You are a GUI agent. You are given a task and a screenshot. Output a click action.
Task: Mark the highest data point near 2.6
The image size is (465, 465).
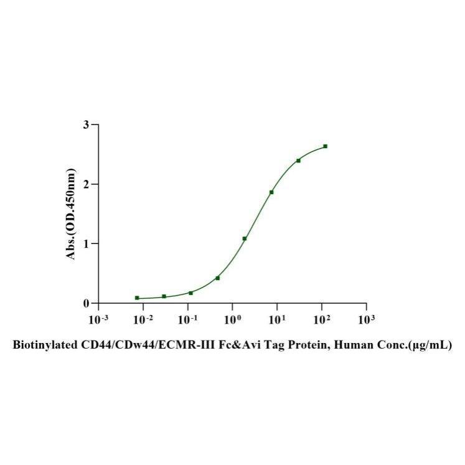click(325, 146)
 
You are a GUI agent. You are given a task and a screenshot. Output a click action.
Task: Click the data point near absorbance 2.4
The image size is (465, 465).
click(298, 161)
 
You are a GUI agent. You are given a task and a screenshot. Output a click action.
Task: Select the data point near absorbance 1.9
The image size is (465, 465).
click(271, 192)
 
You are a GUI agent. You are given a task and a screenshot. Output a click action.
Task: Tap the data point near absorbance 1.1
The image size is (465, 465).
click(245, 238)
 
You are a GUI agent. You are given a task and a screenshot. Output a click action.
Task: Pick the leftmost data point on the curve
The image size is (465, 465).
click(137, 298)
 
